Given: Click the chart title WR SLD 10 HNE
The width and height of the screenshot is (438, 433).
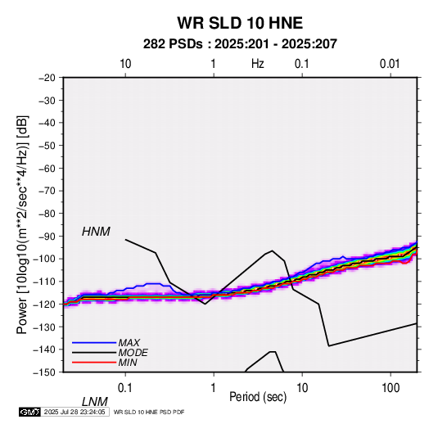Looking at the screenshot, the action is point(240,23).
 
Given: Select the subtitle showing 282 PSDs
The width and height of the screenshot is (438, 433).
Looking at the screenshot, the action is point(240,44).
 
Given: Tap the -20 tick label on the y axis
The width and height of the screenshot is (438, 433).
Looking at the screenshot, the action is point(47,78).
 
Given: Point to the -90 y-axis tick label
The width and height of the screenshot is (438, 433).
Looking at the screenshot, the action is point(47,236).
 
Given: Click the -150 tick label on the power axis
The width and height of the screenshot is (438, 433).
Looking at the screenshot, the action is point(44,372).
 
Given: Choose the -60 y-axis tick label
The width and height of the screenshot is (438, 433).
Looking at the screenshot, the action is point(47,168).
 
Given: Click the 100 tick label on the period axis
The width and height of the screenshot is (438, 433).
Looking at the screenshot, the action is point(391,388).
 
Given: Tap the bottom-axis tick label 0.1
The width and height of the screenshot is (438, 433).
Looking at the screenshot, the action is point(125,388).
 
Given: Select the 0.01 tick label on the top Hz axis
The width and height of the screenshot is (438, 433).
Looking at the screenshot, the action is point(390,64).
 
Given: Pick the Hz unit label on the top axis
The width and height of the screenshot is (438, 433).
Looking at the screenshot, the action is point(258,64).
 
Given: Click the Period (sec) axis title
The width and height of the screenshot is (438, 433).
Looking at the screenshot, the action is point(258,397).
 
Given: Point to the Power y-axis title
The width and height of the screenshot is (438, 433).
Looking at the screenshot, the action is point(22,224).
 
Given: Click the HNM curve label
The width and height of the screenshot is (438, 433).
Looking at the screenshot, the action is point(96,232).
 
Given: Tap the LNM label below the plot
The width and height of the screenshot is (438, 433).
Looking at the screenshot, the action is point(95,402).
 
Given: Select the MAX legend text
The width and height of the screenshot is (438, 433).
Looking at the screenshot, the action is point(129,343).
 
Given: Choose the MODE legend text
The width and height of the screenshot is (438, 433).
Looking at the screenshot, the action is point(133,353).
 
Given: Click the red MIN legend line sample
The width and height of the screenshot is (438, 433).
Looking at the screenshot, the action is point(94,363).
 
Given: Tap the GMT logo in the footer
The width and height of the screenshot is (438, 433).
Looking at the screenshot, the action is point(29,412).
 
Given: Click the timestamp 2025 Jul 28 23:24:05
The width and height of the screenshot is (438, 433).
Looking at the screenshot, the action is point(75,412).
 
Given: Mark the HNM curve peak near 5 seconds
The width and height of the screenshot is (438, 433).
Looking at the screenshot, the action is point(272,250).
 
